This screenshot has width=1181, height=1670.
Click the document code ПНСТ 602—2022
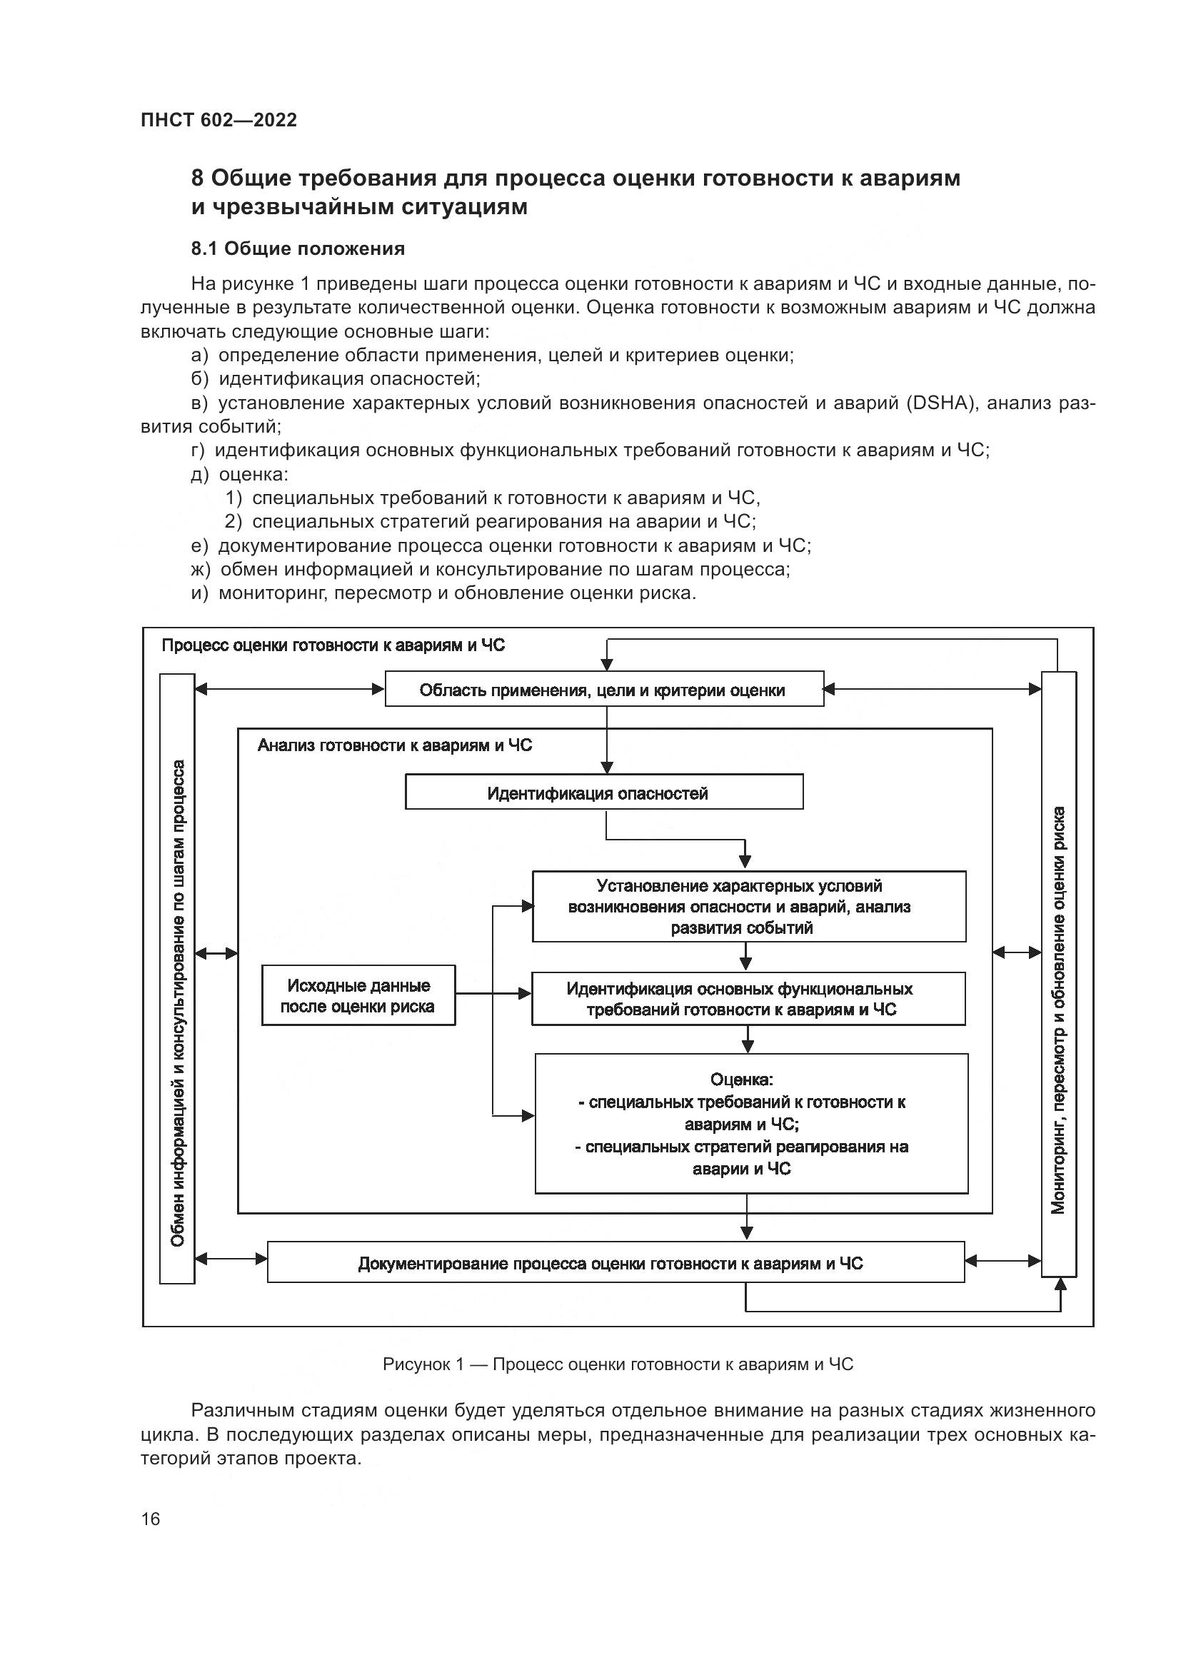[219, 120]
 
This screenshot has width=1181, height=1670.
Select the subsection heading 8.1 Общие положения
[298, 248]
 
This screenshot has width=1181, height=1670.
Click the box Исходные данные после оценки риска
[358, 996]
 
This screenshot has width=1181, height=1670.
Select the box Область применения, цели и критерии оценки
[603, 690]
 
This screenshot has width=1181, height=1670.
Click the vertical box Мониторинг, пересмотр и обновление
[1059, 975]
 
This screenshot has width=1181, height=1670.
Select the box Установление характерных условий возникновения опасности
[749, 906]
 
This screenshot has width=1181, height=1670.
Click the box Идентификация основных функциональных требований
[748, 999]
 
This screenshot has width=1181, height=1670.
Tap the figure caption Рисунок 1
[618, 1364]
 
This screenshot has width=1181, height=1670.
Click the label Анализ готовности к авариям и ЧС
[395, 745]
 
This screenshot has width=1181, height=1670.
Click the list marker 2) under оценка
[233, 521]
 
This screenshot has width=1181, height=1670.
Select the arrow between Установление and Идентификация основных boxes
[745, 957]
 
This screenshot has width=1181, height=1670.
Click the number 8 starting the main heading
[197, 178]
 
